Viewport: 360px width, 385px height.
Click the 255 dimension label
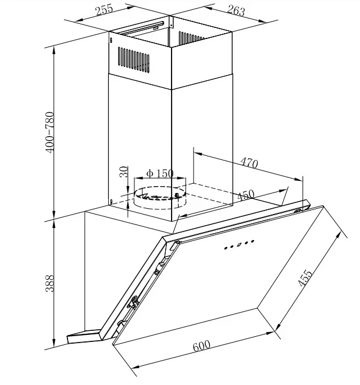click(104, 10)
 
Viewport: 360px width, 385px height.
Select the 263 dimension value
click(236, 10)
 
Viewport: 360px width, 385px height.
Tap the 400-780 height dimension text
click(49, 133)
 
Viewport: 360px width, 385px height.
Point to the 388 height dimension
click(49, 283)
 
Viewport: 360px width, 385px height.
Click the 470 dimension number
click(249, 163)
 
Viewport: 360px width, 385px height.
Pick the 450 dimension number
click(246, 195)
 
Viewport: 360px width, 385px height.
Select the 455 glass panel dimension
click(305, 278)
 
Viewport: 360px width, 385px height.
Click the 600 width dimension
click(202, 345)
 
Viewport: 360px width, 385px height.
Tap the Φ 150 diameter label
click(160, 173)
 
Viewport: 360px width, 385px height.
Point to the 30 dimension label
click(124, 172)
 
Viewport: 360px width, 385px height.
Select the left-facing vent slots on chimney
click(134, 60)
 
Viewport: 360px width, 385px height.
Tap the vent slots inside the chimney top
click(191, 37)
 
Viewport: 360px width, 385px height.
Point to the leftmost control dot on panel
click(226, 248)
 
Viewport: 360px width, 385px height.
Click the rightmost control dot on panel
click(252, 241)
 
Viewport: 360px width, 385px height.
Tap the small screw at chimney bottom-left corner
click(112, 202)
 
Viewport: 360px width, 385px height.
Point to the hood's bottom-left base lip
click(84, 336)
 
